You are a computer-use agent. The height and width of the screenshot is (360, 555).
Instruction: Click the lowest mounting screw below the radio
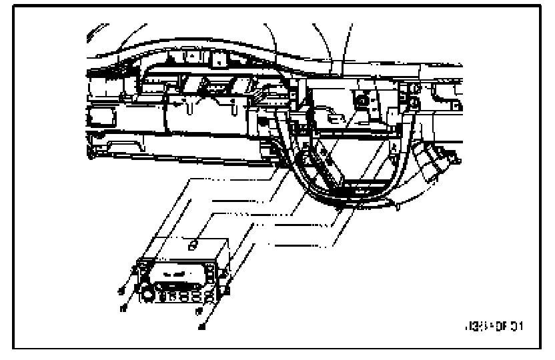point(202,326)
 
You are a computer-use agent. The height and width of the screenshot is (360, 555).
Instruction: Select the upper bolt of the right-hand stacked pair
point(414,89)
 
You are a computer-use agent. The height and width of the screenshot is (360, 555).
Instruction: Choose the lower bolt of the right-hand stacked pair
point(414,102)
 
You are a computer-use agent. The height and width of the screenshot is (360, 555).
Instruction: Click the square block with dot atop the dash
point(217,59)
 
